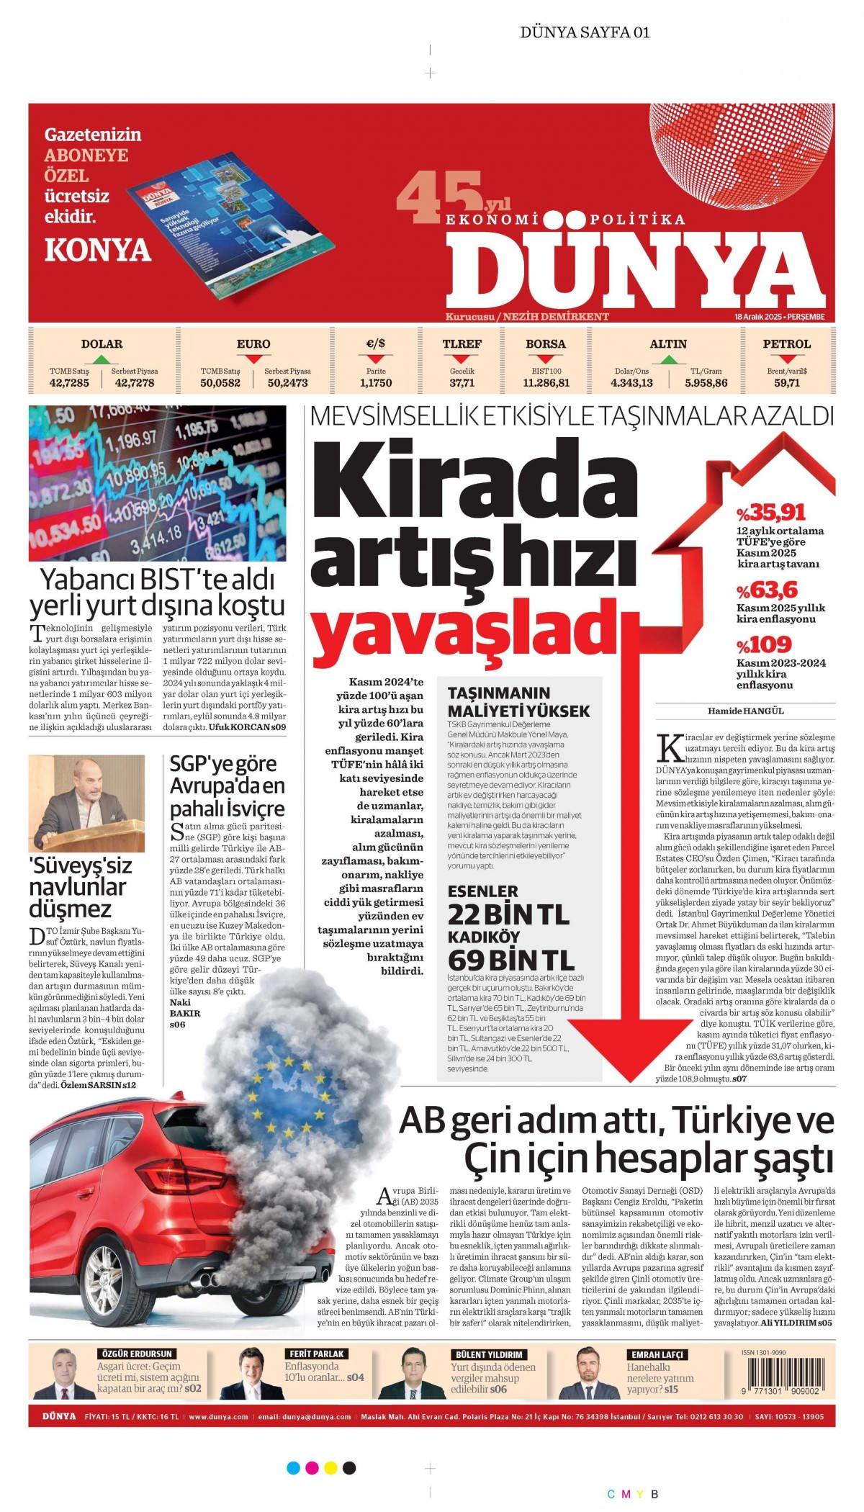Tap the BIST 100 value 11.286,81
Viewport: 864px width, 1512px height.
pos(546,383)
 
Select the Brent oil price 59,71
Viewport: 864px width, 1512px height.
pos(787,383)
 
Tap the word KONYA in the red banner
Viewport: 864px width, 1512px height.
pos(98,250)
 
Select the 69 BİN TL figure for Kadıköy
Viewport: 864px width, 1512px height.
pos(511,960)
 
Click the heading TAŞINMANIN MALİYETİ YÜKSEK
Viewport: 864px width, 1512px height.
pos(518,702)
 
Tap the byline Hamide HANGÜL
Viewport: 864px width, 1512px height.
pos(745,711)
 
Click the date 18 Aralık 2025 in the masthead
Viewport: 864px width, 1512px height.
pos(758,317)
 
